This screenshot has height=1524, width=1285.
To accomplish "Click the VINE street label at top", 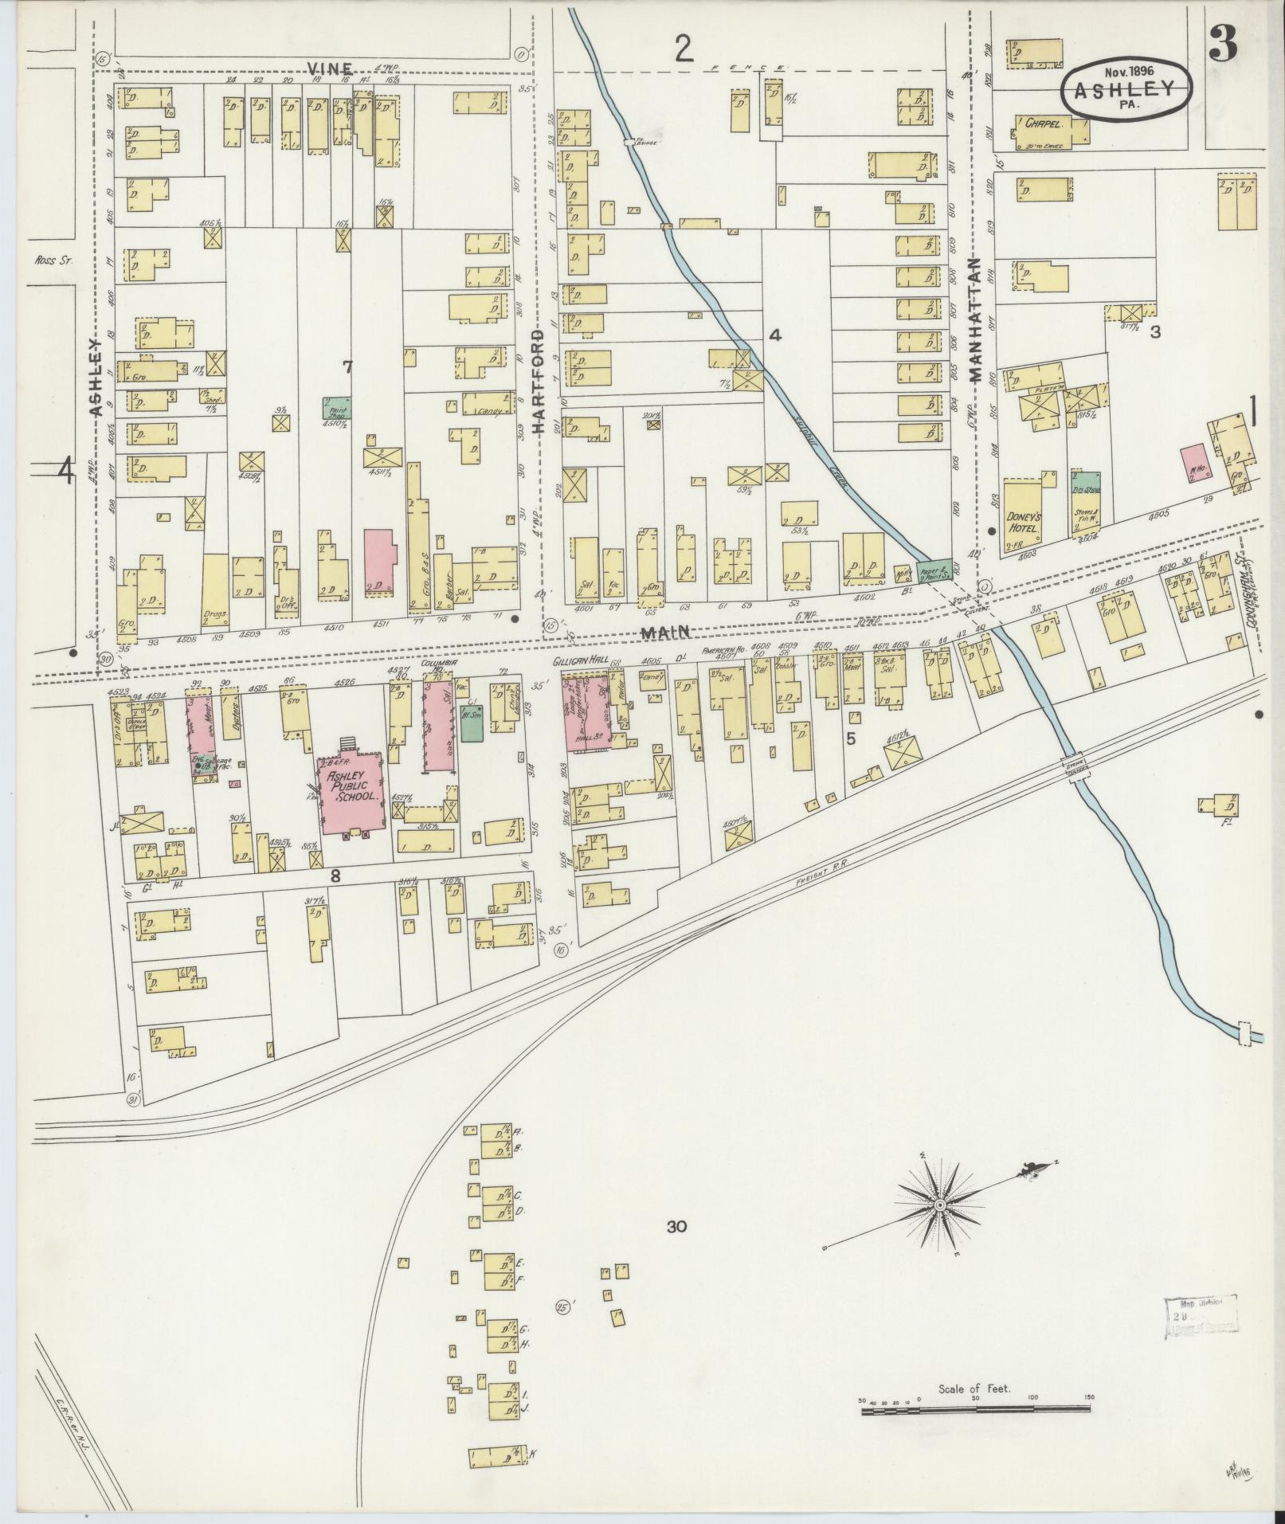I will tap(326, 67).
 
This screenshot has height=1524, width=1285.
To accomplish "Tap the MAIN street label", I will tap(658, 632).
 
